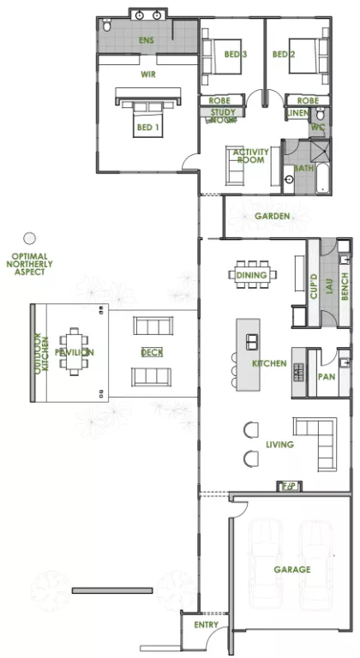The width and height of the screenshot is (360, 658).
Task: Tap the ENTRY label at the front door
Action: (205, 626)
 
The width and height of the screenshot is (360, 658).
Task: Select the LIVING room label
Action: (279, 445)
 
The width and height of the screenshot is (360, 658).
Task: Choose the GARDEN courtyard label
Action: (272, 216)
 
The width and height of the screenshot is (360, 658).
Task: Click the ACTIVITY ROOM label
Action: (251, 157)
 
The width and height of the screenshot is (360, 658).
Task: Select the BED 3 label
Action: (237, 54)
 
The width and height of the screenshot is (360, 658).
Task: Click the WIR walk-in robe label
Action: (148, 75)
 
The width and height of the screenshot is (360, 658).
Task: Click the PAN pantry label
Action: (326, 376)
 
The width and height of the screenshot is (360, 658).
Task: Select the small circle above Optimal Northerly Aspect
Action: (29, 238)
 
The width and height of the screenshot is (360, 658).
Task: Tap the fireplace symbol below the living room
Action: (289, 486)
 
